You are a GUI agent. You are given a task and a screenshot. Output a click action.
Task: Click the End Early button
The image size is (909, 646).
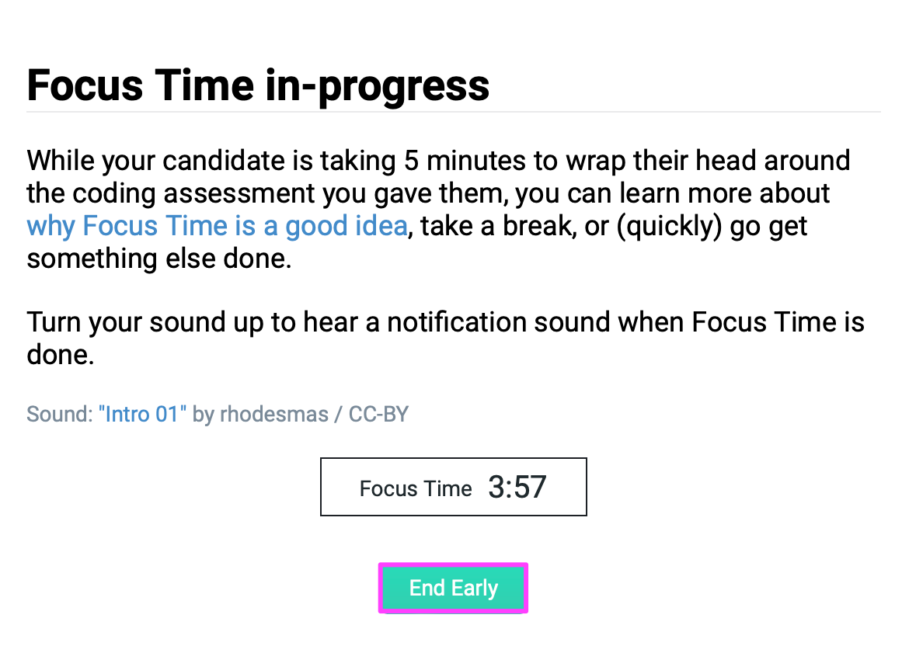tap(454, 588)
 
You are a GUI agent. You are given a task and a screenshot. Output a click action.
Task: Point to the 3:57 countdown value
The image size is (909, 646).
tap(517, 488)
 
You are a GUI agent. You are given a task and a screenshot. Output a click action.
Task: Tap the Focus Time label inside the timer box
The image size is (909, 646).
tap(416, 488)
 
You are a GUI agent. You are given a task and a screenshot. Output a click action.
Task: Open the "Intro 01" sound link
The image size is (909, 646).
tap(142, 414)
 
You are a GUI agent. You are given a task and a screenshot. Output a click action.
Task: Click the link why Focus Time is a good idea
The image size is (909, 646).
tap(217, 226)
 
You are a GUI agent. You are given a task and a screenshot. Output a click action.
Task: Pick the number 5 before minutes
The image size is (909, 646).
tap(412, 161)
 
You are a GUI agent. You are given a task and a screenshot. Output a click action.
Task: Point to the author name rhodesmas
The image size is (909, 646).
tap(273, 414)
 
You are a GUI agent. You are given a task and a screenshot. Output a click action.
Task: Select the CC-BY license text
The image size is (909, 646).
tap(378, 414)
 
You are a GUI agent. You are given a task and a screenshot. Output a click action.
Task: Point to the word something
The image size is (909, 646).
tap(84, 259)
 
